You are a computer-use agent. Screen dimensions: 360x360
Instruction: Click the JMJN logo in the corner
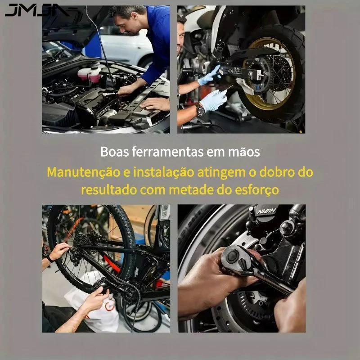point(37,10)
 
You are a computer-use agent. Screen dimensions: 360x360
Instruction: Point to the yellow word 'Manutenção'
point(84,172)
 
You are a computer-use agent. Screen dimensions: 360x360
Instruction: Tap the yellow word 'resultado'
point(109,190)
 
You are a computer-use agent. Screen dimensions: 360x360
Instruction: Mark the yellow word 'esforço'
point(257,190)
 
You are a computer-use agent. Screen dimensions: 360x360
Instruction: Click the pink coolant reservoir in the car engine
point(90,73)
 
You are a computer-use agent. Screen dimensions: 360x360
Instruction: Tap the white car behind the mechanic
point(126,48)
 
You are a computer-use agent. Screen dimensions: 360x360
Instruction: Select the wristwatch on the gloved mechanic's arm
point(200,110)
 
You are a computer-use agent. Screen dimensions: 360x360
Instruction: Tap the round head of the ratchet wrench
point(232,256)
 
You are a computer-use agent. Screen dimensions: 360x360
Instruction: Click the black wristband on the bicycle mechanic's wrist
point(50,259)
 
